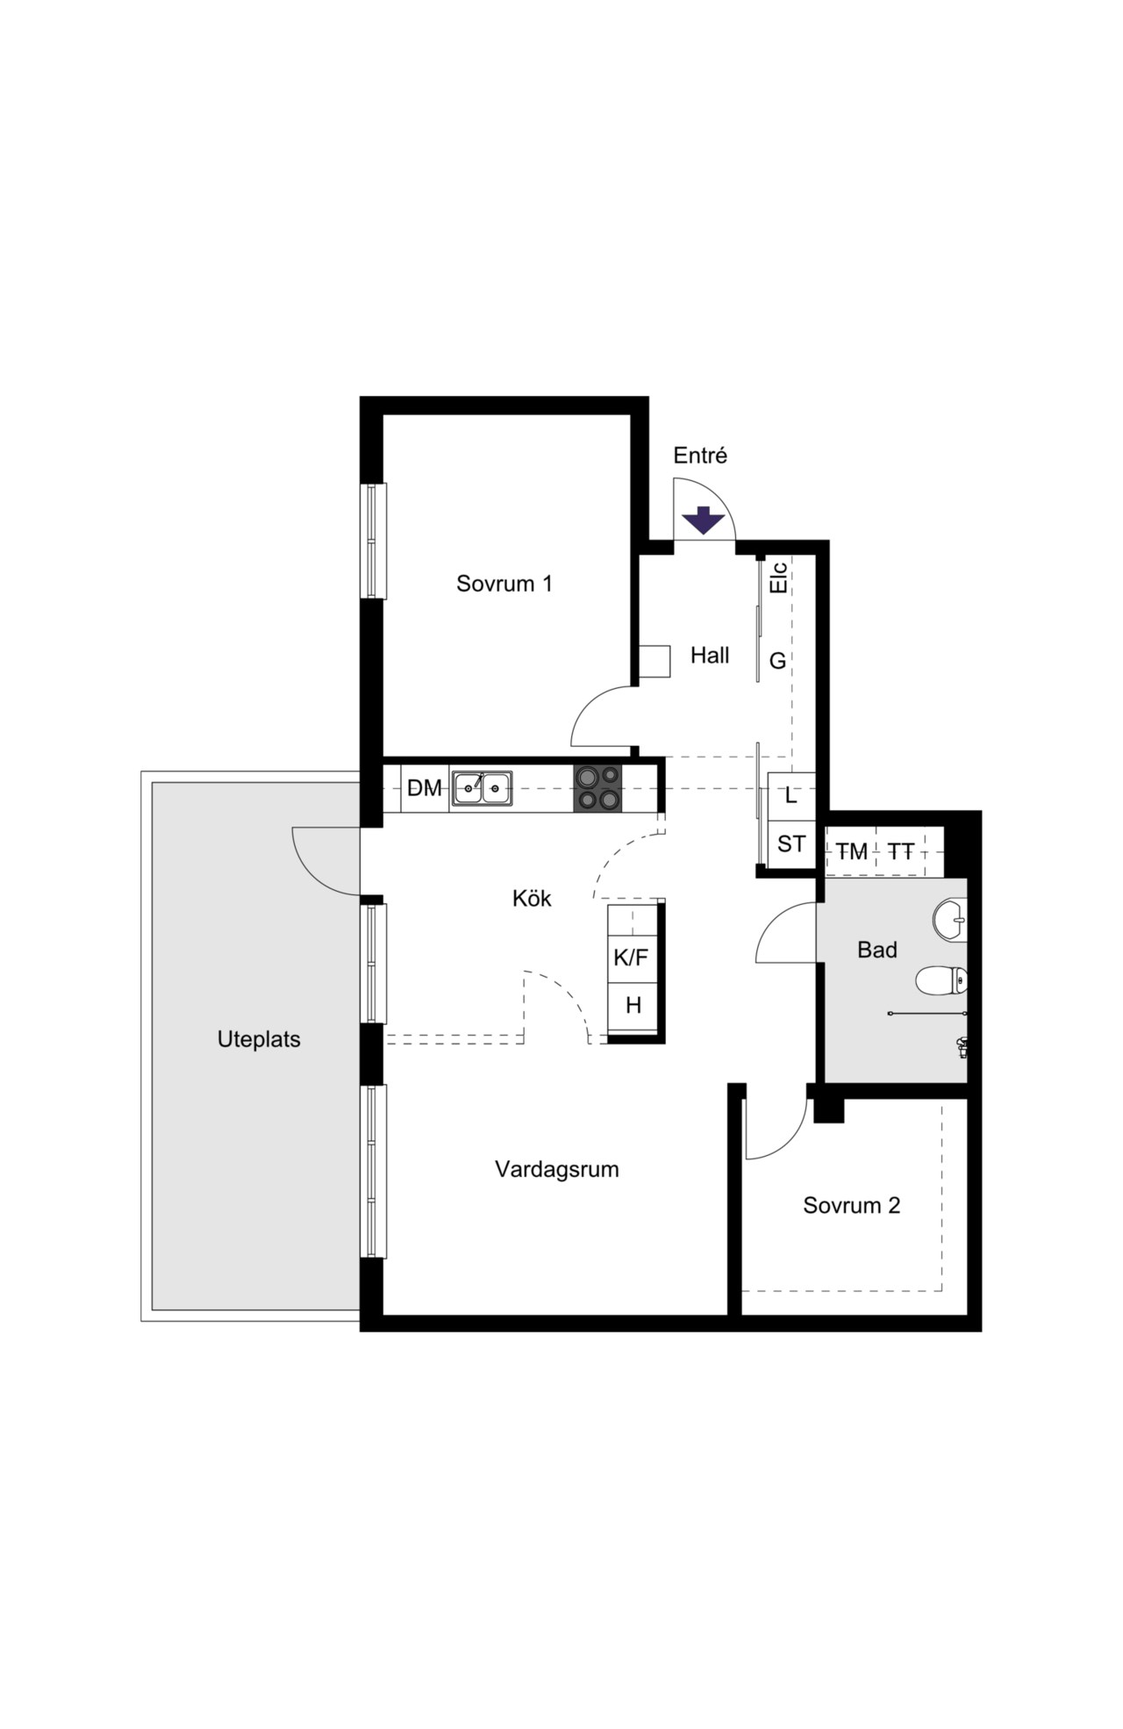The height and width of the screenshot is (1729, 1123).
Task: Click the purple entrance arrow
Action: pos(704,520)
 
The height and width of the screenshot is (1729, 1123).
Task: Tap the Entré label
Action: pos(700,456)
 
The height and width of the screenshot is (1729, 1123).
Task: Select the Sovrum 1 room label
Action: pos(504,584)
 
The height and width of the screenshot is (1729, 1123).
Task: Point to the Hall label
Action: pos(710,655)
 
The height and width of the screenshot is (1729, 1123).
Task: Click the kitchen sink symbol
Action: pos(482,788)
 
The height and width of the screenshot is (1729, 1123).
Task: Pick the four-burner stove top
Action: pos(598,787)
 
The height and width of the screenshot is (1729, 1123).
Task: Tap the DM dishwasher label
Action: pos(425,788)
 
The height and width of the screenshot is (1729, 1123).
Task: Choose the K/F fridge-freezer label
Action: pos(631,958)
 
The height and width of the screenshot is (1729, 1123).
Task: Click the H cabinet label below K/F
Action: pos(633,1006)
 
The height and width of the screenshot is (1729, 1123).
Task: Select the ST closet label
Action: pos(791,844)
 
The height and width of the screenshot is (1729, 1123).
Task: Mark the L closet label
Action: pos(791,796)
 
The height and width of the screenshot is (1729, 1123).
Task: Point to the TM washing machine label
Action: pos(851,851)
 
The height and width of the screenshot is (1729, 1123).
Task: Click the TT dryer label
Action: pos(901,851)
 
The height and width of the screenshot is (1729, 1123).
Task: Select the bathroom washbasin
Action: pos(950,920)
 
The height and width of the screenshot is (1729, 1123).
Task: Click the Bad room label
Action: pos(877,950)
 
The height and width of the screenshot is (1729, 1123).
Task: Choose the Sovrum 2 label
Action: pos(852,1206)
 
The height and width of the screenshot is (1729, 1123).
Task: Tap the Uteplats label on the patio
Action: pos(259,1040)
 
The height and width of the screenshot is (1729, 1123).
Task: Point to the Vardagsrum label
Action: pos(557,1170)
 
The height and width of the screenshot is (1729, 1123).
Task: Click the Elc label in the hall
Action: pos(778,578)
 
